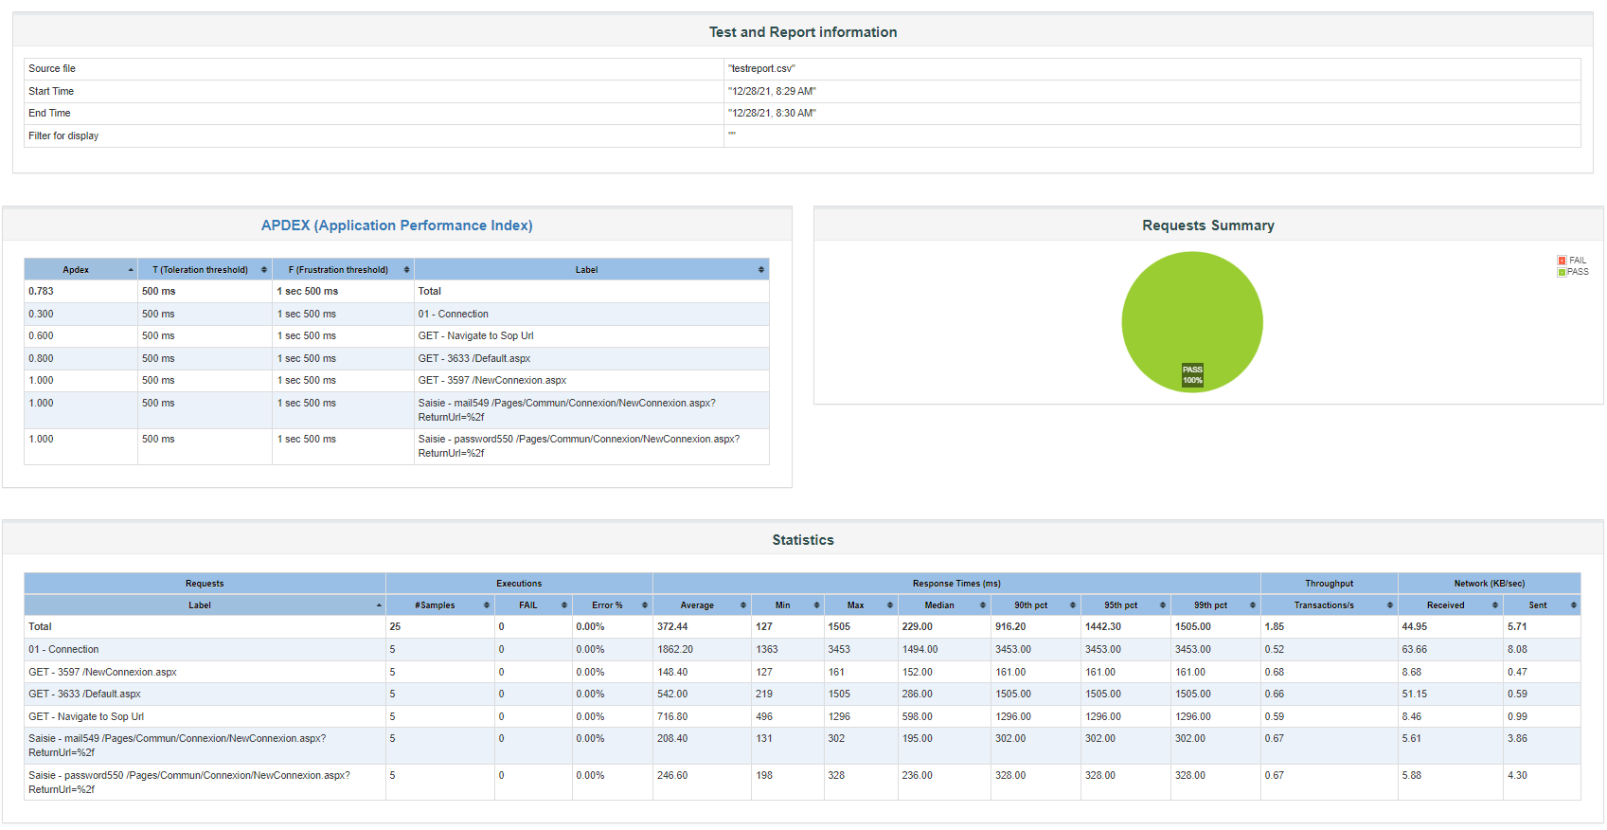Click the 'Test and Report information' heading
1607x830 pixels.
(x=802, y=32)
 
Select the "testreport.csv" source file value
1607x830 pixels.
(x=761, y=69)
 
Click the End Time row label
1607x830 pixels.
(x=49, y=114)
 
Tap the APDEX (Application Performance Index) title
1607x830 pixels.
(x=397, y=226)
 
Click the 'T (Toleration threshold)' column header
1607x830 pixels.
(x=201, y=270)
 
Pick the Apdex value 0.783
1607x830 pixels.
(x=41, y=292)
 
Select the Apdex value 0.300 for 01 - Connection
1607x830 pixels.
(x=41, y=315)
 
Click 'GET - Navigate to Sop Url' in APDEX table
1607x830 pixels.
(x=475, y=336)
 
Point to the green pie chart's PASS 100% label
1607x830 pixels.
(x=1192, y=375)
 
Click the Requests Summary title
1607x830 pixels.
(x=1207, y=226)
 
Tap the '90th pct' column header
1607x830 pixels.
(x=1030, y=605)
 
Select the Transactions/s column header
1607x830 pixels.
(x=1324, y=605)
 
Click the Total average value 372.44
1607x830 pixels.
(x=672, y=627)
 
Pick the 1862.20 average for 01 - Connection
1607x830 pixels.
(x=675, y=650)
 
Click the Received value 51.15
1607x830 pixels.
(x=1414, y=695)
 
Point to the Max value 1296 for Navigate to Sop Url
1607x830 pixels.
(x=839, y=717)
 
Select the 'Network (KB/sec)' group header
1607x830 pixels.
(x=1489, y=584)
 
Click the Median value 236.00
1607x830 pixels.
(x=917, y=776)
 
